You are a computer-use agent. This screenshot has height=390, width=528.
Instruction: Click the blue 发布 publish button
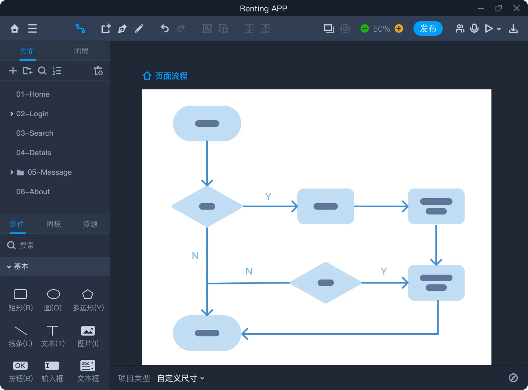[x=428, y=28]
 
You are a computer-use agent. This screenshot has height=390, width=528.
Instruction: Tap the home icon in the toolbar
[x=15, y=28]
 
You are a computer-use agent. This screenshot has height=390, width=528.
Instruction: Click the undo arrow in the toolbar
[x=164, y=28]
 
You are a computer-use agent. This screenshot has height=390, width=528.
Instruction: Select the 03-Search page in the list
[x=35, y=133]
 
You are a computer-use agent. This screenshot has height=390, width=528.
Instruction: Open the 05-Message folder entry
[x=49, y=172]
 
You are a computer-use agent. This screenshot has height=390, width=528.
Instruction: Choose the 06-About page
[x=33, y=192]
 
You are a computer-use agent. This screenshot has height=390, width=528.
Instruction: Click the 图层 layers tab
[x=81, y=51]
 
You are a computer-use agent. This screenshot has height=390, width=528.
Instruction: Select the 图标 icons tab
[x=54, y=224]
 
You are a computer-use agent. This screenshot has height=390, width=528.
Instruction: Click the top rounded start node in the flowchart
[x=207, y=123]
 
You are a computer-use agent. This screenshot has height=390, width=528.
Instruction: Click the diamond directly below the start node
[x=207, y=206]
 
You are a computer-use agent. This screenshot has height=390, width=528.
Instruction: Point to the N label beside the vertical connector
[x=195, y=256]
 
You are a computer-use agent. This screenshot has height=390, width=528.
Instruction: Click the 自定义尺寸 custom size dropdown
[x=180, y=378]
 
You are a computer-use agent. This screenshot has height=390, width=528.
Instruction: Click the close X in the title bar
[x=517, y=8]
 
